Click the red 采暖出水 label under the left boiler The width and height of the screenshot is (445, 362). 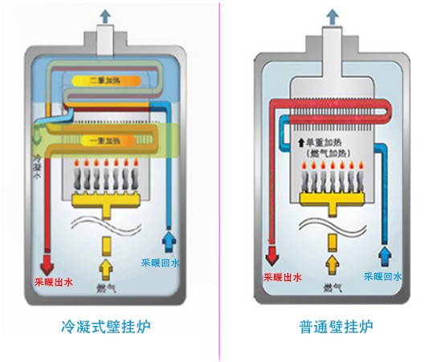53,282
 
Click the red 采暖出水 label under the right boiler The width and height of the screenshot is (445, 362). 282,278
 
